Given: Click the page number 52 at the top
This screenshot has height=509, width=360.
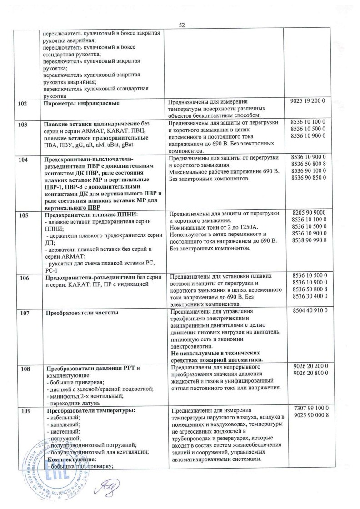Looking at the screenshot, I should [x=182, y=25].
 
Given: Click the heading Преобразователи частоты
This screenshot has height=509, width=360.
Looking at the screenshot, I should [x=82, y=313].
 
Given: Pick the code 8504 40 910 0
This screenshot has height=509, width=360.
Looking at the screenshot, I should [x=308, y=312].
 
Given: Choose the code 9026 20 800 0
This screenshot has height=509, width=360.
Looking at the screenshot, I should [x=308, y=375].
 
